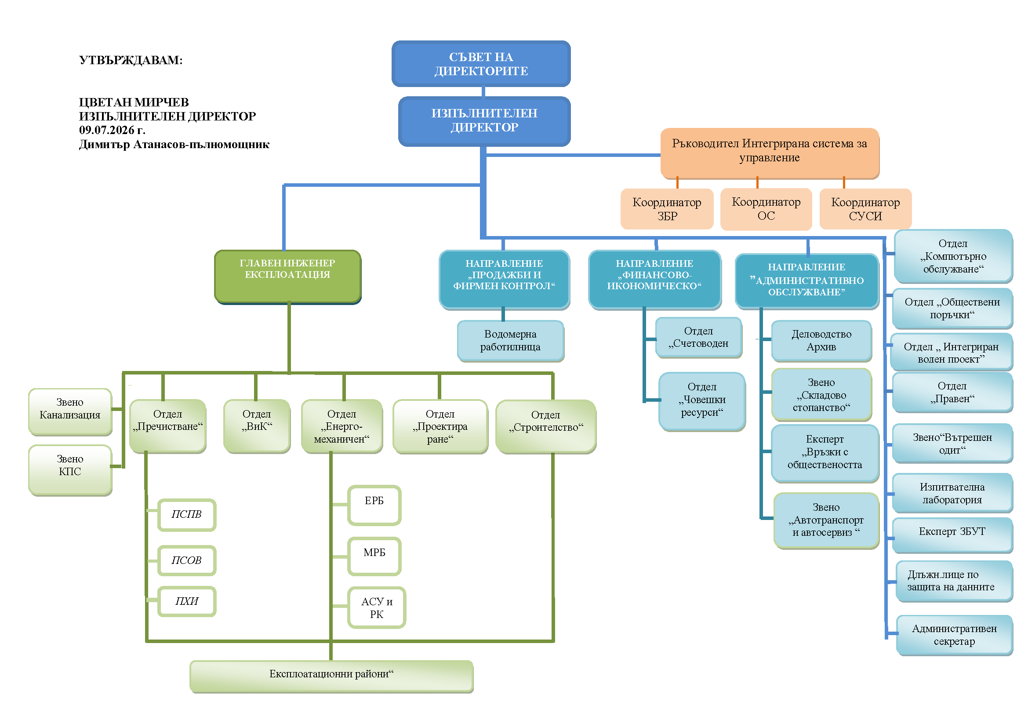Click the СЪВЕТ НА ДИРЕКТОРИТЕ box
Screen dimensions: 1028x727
(481, 64)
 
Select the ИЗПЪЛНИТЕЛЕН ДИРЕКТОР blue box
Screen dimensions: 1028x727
(484, 121)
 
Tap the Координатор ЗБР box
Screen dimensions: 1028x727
(667, 209)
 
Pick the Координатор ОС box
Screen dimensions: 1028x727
(766, 209)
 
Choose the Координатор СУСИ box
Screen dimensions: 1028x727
(865, 209)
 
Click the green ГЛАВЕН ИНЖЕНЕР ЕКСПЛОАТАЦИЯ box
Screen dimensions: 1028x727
(287, 276)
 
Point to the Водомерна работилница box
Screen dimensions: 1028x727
(510, 341)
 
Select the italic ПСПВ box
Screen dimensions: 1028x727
(187, 515)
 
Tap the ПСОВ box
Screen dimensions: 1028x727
(187, 560)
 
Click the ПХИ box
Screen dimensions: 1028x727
(187, 601)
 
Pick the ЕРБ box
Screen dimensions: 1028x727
(374, 505)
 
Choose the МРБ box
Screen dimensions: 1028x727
(374, 556)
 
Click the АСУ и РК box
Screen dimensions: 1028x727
(377, 607)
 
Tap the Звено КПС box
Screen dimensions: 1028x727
(70, 470)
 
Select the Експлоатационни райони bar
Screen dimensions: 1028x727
(331, 676)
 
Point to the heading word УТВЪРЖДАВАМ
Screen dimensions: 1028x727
(130, 60)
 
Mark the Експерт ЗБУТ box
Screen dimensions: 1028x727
(952, 535)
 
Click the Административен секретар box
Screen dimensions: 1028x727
(954, 635)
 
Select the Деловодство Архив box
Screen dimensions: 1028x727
(821, 341)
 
